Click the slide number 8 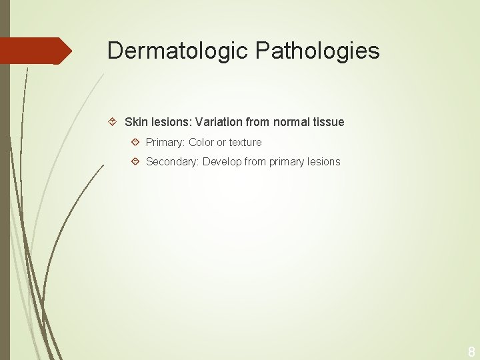tap(471, 351)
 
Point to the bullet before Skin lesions tap(113, 122)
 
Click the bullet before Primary tap(135, 142)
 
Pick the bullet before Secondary tap(135, 161)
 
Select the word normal tap(292, 122)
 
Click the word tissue tap(329, 122)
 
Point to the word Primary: tap(165, 142)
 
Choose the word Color tap(201, 142)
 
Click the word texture tap(245, 142)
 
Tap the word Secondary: tap(172, 161)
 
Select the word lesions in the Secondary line tap(325, 161)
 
